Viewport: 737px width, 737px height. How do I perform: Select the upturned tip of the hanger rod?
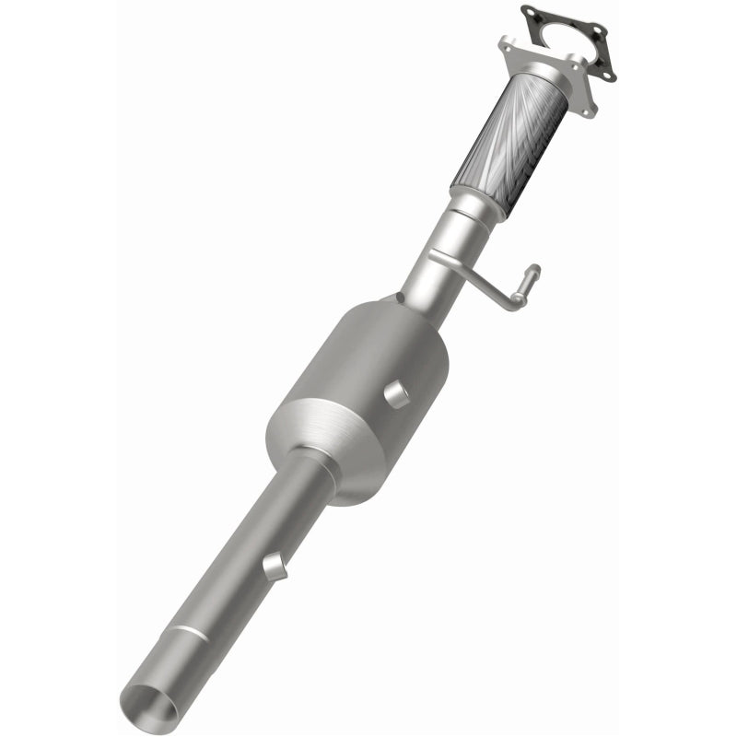(x=532, y=272)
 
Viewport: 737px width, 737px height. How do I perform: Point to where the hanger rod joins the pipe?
(x=439, y=254)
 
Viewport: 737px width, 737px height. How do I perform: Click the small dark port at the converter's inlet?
(x=399, y=297)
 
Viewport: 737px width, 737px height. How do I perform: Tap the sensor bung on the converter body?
(x=395, y=394)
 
